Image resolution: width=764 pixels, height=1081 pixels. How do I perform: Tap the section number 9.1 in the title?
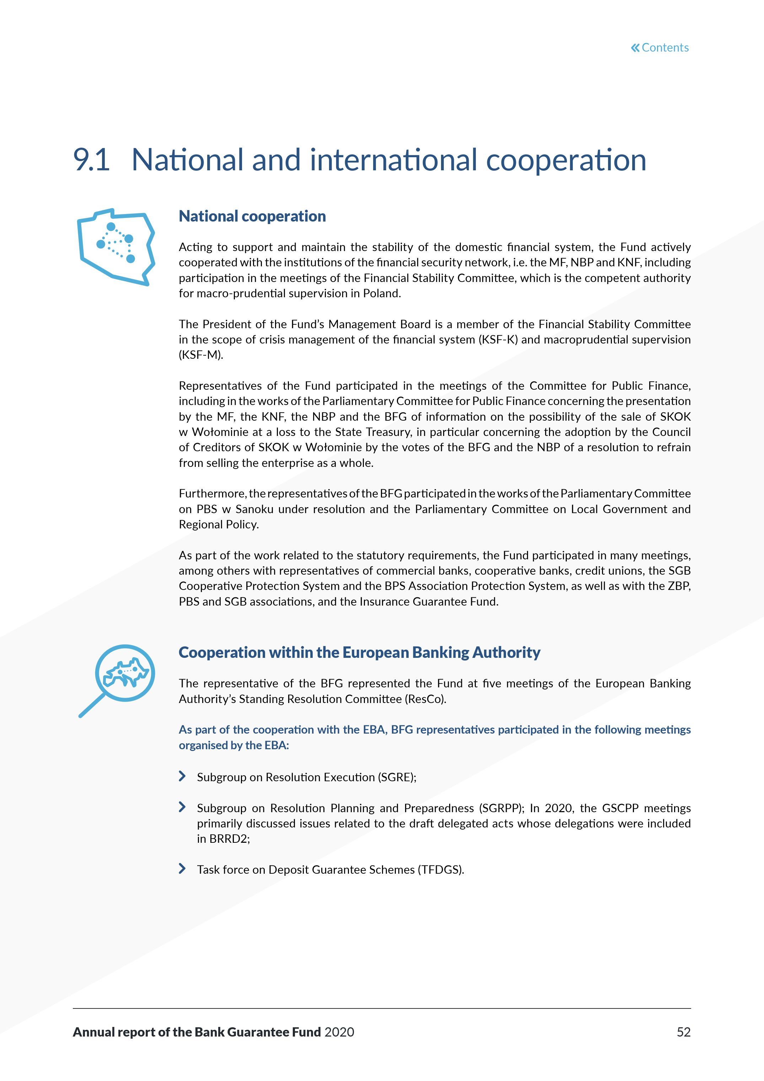[x=92, y=160]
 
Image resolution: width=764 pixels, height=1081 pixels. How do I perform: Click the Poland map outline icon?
[x=116, y=247]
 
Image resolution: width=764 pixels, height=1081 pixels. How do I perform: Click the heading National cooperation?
[x=252, y=216]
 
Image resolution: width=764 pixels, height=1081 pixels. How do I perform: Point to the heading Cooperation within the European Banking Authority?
[x=359, y=652]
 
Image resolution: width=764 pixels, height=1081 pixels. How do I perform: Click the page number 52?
[x=683, y=1032]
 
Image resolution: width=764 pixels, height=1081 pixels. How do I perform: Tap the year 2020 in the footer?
[x=339, y=1032]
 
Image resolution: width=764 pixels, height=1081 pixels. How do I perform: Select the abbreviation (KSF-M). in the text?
[x=201, y=355]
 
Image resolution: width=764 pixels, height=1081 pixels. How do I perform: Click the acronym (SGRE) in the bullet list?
[x=397, y=777]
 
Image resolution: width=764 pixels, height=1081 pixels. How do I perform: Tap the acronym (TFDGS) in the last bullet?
[x=440, y=870]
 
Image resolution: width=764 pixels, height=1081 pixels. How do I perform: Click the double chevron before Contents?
[x=635, y=48]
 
